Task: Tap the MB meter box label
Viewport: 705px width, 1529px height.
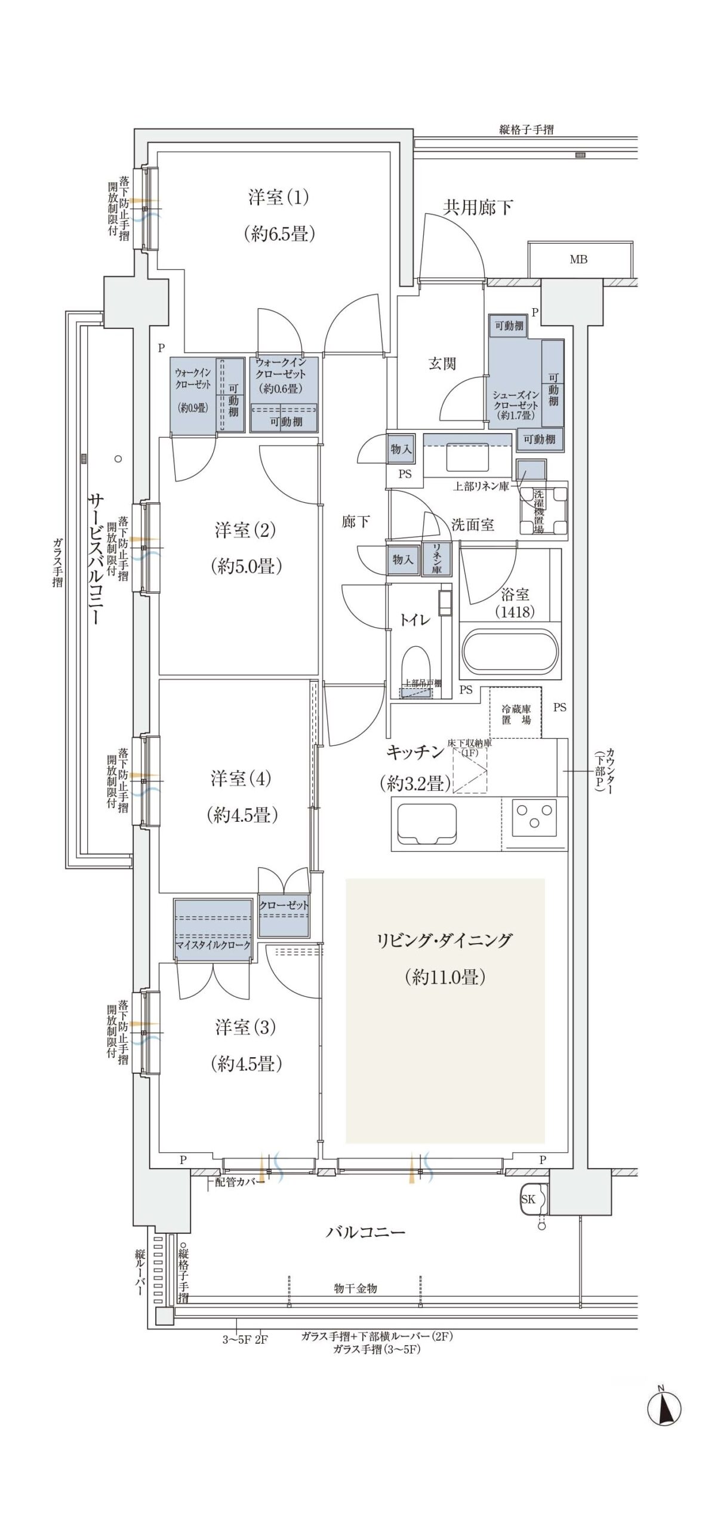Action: tap(578, 259)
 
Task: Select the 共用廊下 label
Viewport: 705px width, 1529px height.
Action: tap(478, 207)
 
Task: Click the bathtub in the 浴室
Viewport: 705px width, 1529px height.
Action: tap(511, 652)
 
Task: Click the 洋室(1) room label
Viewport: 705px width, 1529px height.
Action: tap(278, 197)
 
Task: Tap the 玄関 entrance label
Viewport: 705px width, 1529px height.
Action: tap(442, 363)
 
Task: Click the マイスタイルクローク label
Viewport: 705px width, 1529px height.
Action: tap(213, 945)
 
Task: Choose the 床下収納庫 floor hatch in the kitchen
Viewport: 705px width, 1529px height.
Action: tap(470, 770)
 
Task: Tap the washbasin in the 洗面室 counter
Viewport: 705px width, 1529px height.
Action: tap(467, 459)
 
